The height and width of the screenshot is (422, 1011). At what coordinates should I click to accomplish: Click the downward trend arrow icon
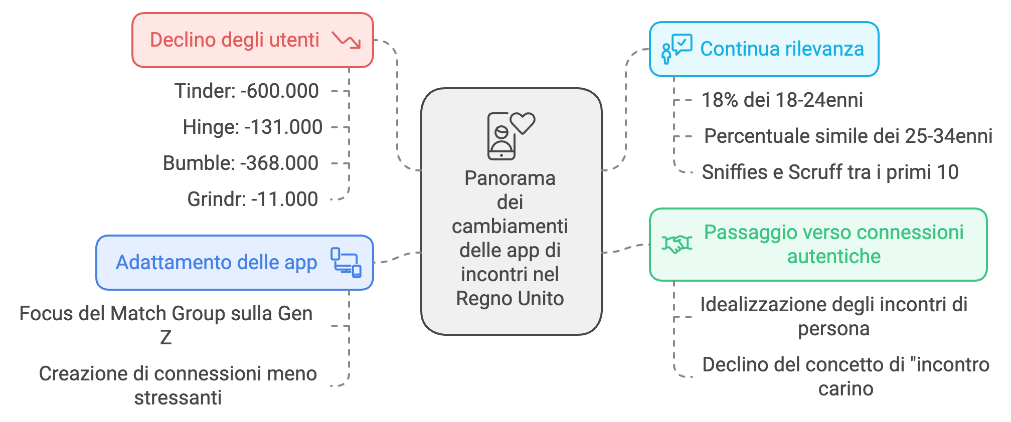point(347,40)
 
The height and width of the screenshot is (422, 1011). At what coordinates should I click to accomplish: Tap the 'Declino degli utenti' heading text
point(235,40)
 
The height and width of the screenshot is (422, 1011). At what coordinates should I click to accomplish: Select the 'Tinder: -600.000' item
point(246,91)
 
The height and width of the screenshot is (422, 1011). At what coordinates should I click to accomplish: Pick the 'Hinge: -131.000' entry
point(252,127)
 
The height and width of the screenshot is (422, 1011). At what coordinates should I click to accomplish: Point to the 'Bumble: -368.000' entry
point(241,163)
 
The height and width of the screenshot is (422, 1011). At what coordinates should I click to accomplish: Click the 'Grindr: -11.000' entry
point(252,199)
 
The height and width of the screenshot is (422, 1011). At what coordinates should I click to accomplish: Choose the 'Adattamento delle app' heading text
point(217,263)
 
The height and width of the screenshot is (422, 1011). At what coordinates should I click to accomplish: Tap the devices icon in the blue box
point(346,262)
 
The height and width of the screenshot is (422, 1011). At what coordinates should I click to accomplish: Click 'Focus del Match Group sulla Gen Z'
point(166,325)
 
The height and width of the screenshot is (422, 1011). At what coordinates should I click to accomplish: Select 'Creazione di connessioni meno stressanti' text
point(178,385)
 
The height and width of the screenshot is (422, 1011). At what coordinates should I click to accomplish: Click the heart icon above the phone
point(523,123)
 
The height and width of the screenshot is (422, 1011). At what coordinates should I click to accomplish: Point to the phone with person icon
point(501,137)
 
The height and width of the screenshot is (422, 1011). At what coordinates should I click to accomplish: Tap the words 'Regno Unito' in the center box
point(510,299)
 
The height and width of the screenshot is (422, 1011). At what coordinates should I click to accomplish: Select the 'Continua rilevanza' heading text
point(782,49)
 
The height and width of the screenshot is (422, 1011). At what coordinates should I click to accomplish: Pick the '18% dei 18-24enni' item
point(782,100)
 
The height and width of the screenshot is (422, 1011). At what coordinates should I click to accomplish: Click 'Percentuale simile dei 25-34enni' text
point(848,136)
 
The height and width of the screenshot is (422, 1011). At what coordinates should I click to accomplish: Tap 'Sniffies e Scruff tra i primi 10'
point(830,172)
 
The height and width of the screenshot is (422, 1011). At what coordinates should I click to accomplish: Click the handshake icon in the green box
point(677,244)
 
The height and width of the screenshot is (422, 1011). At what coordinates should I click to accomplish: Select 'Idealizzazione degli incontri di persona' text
point(833,316)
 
